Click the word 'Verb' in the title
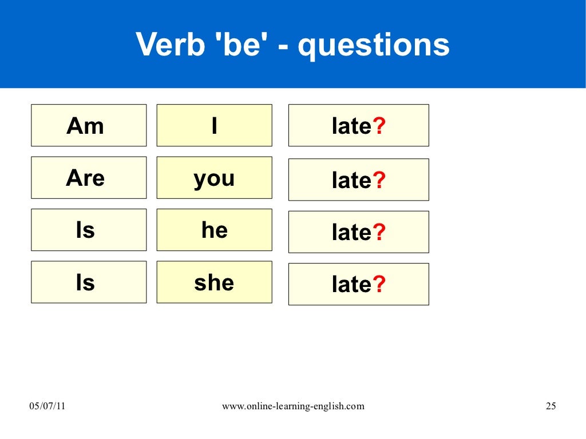[170, 45]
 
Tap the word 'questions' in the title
[374, 46]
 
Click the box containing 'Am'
[89, 125]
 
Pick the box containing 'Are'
[89, 178]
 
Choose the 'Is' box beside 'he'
[89, 230]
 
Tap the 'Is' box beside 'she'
[89, 282]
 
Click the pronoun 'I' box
[214, 125]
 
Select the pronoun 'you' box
[214, 178]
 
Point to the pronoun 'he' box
[214, 230]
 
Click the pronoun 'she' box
[214, 282]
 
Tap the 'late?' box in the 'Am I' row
[358, 126]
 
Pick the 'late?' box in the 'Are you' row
[358, 180]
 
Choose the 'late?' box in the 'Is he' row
[358, 232]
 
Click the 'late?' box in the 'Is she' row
[358, 284]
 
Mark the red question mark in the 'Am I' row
[379, 126]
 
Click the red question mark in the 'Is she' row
[379, 284]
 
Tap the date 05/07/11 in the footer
[48, 406]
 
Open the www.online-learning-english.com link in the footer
[292, 406]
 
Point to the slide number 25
[551, 406]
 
